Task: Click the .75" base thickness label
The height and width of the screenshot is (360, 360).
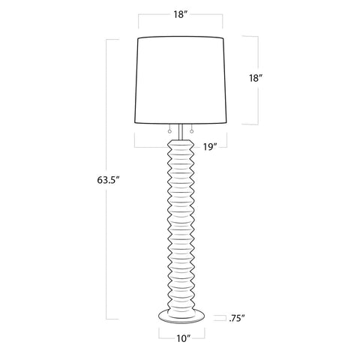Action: click(238, 317)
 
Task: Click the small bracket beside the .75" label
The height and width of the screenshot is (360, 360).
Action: click(219, 317)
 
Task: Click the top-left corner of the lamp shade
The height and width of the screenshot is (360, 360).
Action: click(140, 36)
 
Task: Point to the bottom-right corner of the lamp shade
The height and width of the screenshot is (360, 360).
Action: click(227, 123)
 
